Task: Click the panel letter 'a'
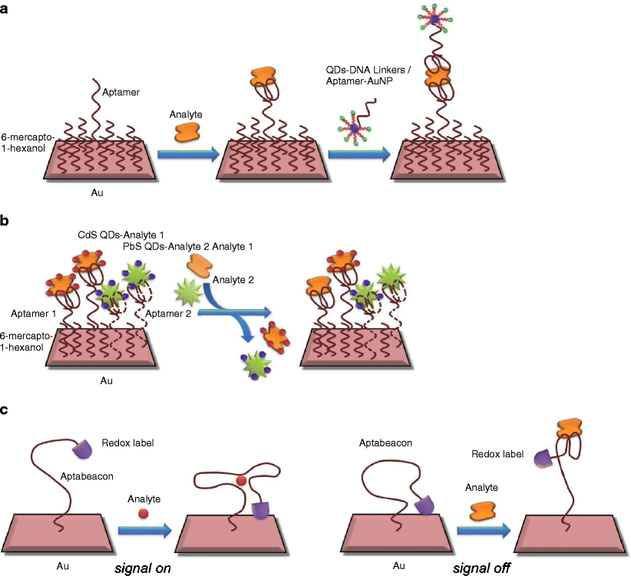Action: point(6,10)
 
